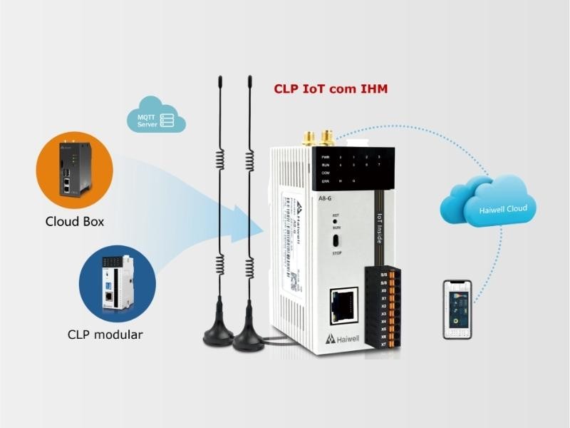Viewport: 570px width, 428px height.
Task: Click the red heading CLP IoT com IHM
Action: [331, 90]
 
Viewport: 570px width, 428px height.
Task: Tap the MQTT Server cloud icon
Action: [160, 117]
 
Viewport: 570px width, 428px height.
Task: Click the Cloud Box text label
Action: [74, 221]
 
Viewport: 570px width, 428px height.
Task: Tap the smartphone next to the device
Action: [457, 308]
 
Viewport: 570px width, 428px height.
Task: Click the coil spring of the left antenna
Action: [220, 168]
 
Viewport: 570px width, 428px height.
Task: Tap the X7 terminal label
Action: [384, 345]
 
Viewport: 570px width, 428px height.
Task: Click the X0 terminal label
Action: [384, 290]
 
